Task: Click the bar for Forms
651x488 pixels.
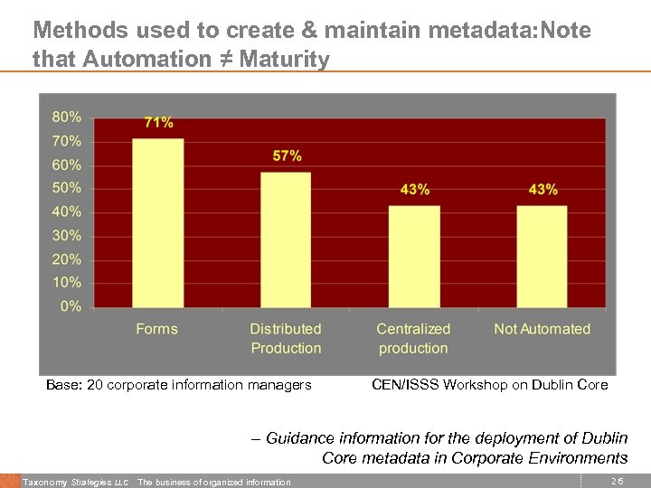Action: [x=158, y=222]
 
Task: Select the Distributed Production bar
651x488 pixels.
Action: [x=286, y=239]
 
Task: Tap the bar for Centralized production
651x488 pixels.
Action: [x=414, y=256]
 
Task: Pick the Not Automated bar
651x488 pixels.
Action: [x=542, y=256]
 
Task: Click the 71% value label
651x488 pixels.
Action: [x=158, y=123]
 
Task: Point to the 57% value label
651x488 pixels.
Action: [x=287, y=156]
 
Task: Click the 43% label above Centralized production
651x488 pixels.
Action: [x=415, y=190]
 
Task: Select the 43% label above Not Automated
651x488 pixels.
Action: [x=542, y=190]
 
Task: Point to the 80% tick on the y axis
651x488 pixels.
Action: [x=66, y=117]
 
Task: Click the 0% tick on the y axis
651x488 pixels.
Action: [x=71, y=306]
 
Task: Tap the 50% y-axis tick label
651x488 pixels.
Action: [x=66, y=188]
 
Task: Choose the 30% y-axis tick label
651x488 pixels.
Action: [x=66, y=235]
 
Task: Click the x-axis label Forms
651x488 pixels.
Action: [x=157, y=329]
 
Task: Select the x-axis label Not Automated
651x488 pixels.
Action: [x=542, y=329]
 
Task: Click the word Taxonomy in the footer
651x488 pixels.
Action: [x=43, y=483]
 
